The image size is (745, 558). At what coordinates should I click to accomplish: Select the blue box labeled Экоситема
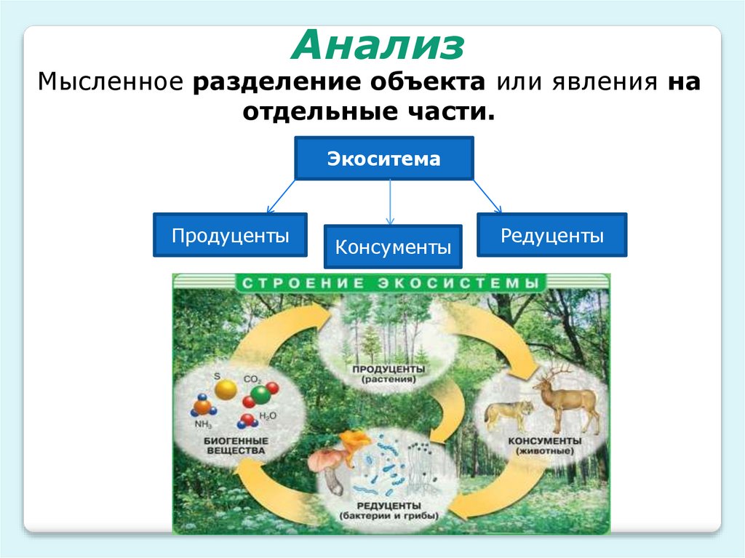click(383, 158)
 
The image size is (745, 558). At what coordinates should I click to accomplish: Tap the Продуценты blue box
click(230, 235)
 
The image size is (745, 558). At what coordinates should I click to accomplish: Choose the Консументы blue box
click(393, 247)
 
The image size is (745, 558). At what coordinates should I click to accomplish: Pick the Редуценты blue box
click(551, 235)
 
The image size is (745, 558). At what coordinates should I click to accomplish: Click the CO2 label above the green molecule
click(252, 379)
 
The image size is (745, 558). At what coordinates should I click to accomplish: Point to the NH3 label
click(202, 424)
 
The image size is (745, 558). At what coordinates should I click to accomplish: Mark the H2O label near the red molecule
click(268, 415)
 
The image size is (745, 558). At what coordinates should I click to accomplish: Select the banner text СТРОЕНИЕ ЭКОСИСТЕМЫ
click(391, 282)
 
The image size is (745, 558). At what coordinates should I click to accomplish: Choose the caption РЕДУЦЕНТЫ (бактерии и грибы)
click(389, 510)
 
